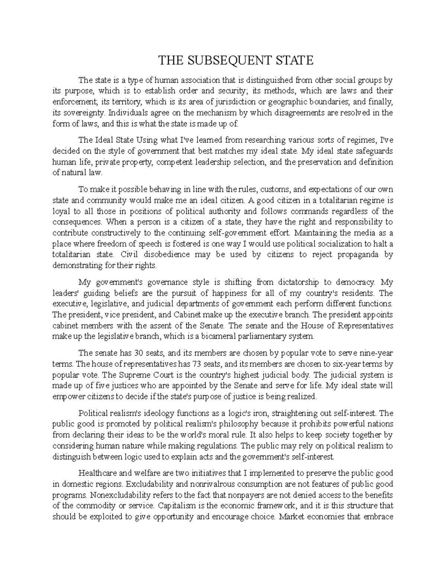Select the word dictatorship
[x=282, y=282]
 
